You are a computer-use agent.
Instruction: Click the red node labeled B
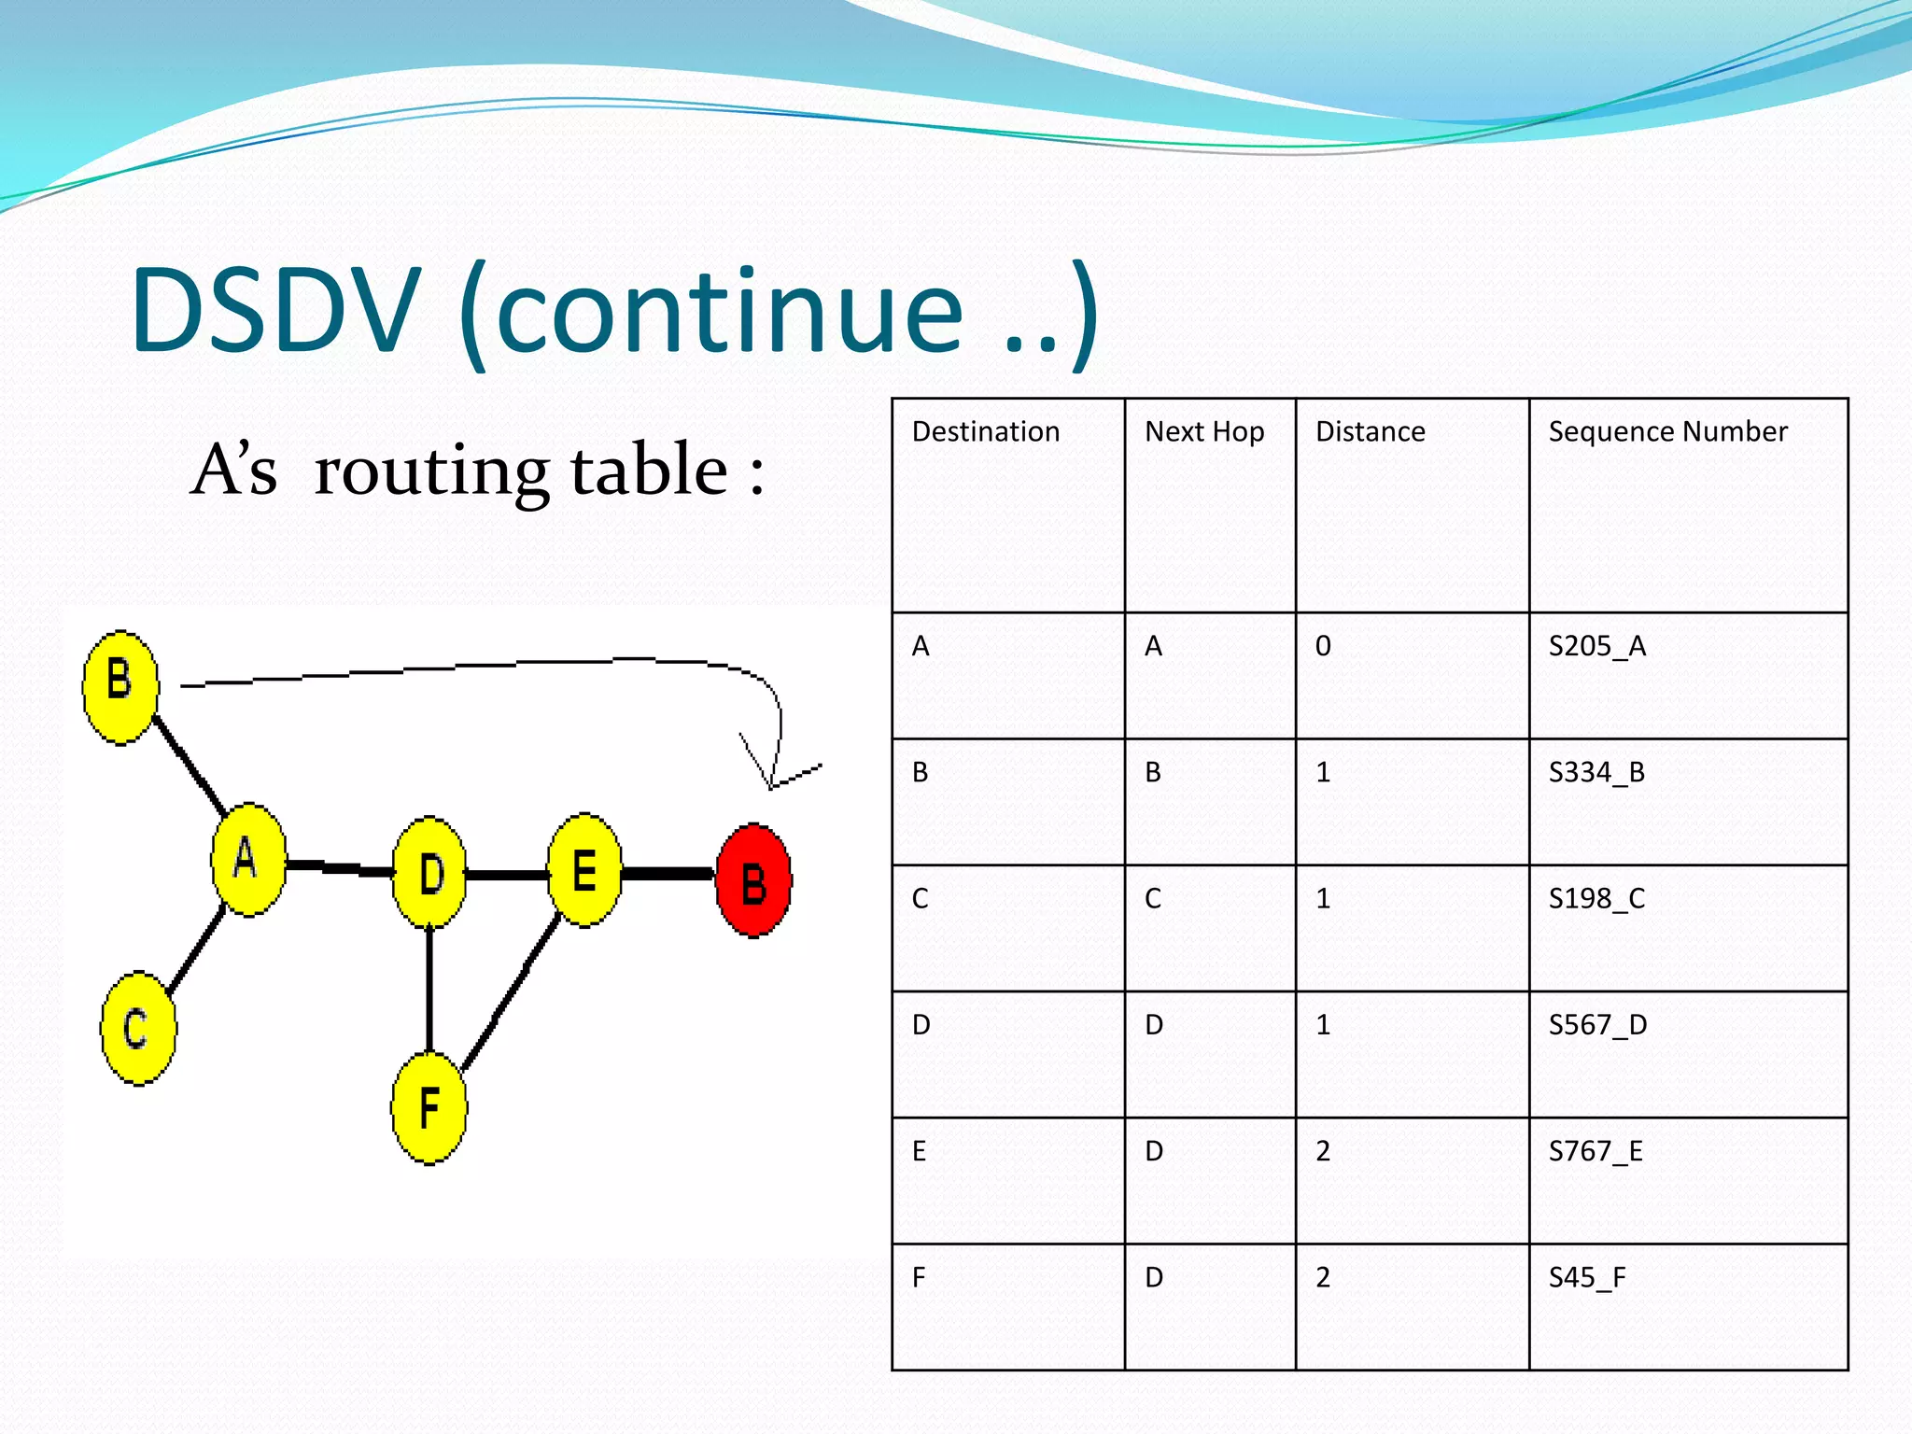click(x=753, y=880)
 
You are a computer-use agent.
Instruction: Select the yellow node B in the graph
click(x=120, y=686)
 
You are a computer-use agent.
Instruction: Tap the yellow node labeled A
click(x=248, y=859)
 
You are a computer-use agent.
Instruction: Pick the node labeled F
click(x=429, y=1108)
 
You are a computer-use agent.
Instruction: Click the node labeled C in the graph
click(x=137, y=1028)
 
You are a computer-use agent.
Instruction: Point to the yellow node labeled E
click(x=584, y=870)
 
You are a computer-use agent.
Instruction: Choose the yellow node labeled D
click(x=429, y=873)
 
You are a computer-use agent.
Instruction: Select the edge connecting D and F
click(x=429, y=990)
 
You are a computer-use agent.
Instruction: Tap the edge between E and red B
click(x=668, y=874)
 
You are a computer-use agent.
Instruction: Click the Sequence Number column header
click(x=1667, y=431)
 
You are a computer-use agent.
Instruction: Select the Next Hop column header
click(x=1204, y=431)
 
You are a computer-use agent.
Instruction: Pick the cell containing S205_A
click(x=1596, y=646)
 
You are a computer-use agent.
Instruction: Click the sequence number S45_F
click(x=1586, y=1277)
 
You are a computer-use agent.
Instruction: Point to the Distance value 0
click(x=1323, y=646)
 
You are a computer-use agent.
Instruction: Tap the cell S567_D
click(x=1597, y=1025)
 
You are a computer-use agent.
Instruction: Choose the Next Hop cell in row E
click(x=1154, y=1151)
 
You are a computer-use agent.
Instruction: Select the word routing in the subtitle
click(x=429, y=471)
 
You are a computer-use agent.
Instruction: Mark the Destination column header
click(x=986, y=431)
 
